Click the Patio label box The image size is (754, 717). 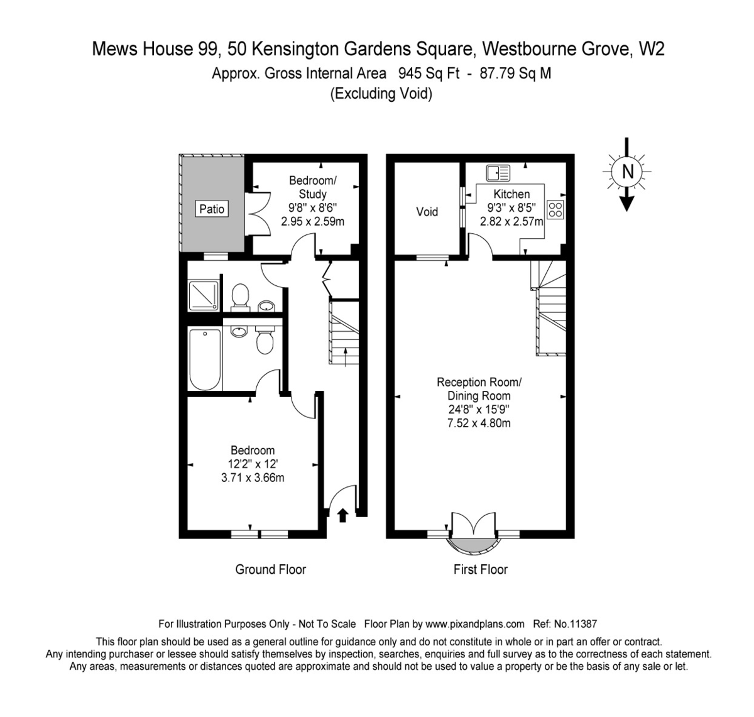[x=212, y=209]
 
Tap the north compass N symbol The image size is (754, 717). [x=627, y=171]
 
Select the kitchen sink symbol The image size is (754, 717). [x=498, y=171]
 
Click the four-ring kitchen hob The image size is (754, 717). [x=555, y=209]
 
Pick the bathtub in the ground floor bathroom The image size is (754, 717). [x=205, y=359]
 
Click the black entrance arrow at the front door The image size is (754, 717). [x=342, y=515]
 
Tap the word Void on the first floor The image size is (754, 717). [x=427, y=212]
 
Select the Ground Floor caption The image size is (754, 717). [x=270, y=569]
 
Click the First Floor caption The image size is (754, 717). [x=480, y=569]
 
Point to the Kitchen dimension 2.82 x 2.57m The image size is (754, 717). [x=511, y=221]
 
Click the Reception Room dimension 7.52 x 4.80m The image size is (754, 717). [x=479, y=423]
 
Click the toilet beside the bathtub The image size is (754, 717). [x=264, y=341]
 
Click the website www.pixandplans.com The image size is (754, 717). [x=474, y=624]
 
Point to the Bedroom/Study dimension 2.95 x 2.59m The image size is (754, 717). [x=312, y=221]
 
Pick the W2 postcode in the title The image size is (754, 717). [x=651, y=49]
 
